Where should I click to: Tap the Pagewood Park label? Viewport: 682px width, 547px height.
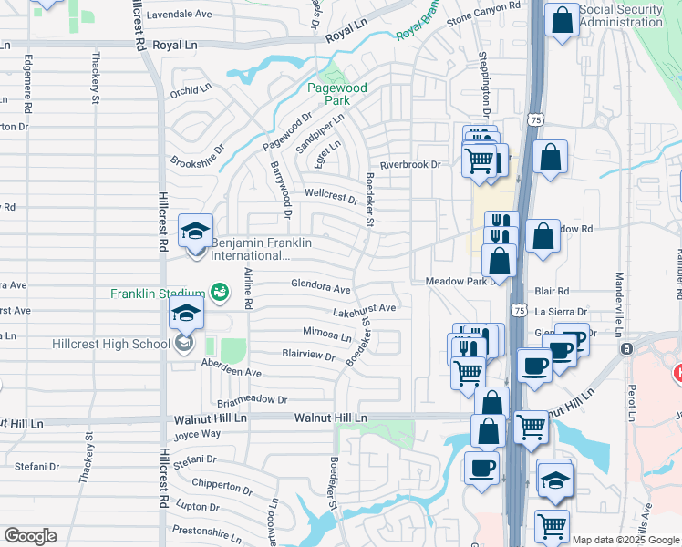(336, 94)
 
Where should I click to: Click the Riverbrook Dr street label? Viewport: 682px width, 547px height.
(410, 165)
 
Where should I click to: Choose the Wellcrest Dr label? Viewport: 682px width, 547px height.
(331, 194)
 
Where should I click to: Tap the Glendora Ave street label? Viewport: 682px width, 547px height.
(321, 288)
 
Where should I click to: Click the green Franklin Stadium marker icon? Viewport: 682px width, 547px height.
(219, 293)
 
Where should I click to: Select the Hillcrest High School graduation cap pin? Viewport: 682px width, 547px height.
(186, 315)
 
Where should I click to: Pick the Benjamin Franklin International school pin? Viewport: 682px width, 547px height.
(195, 232)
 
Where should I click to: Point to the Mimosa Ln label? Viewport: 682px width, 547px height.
(327, 335)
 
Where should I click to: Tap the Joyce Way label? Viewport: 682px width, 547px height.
(198, 434)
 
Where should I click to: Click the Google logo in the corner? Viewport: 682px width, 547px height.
(30, 536)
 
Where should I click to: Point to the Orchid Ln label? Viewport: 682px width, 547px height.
(191, 92)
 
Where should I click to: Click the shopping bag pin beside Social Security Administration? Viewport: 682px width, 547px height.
(562, 19)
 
